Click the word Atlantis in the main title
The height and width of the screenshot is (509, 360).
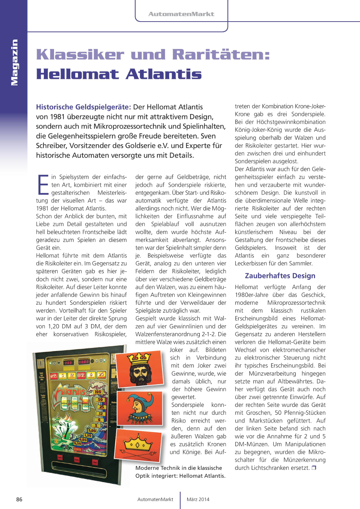coord(164,74)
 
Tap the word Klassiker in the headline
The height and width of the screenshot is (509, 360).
coord(80,55)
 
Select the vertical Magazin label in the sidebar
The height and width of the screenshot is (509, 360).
coord(14,62)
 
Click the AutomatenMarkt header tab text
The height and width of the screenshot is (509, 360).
coord(181,14)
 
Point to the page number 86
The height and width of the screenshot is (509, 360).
coord(19,499)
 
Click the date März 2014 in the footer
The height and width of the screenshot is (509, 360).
coord(198,499)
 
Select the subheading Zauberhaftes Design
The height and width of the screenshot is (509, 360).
coord(280,276)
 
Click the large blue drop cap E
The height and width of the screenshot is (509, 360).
coord(43,185)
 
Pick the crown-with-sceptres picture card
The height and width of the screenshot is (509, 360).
coord(138,445)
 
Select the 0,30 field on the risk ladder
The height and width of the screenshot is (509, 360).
coord(77,444)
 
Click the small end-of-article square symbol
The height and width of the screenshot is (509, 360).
coord(314,468)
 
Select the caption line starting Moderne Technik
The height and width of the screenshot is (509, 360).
coord(179,468)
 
